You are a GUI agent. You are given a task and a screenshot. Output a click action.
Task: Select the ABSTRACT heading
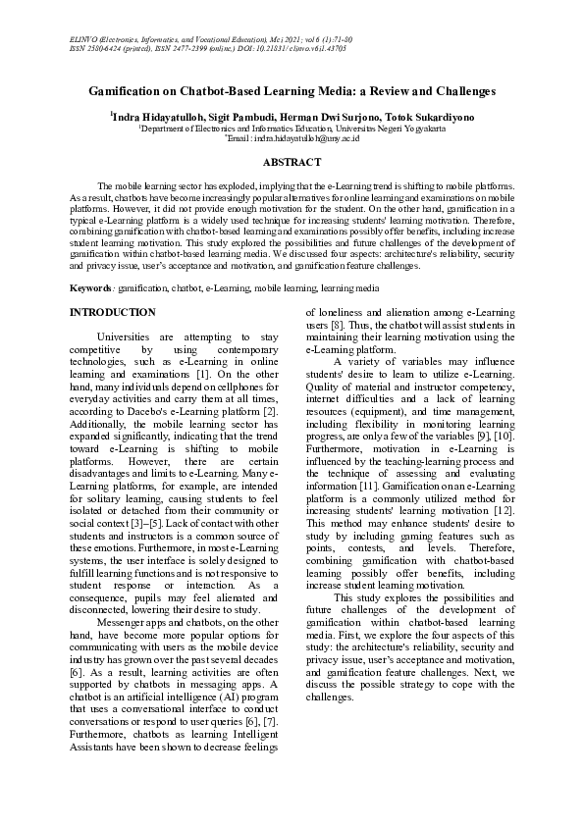(x=292, y=162)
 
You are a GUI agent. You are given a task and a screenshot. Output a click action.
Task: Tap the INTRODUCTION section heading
(x=111, y=312)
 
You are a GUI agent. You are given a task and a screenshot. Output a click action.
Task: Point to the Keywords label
(x=90, y=288)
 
